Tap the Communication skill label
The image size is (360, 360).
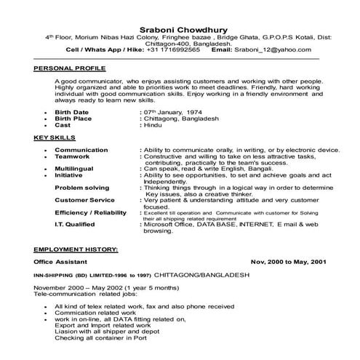point(82,149)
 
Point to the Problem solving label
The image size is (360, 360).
point(81,187)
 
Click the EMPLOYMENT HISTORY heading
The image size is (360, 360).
point(76,249)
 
